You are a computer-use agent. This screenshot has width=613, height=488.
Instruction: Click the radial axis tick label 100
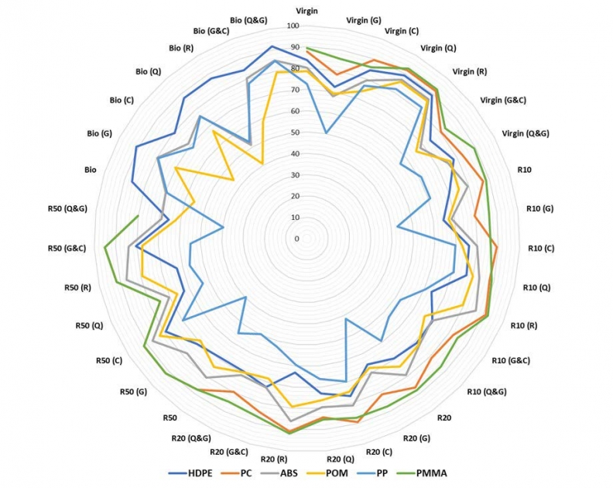tap(293, 26)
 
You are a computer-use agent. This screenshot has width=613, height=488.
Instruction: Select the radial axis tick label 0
tap(296, 239)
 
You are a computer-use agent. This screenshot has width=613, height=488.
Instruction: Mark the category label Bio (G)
tap(100, 133)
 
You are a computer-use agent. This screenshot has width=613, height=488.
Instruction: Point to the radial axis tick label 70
tap(294, 90)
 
